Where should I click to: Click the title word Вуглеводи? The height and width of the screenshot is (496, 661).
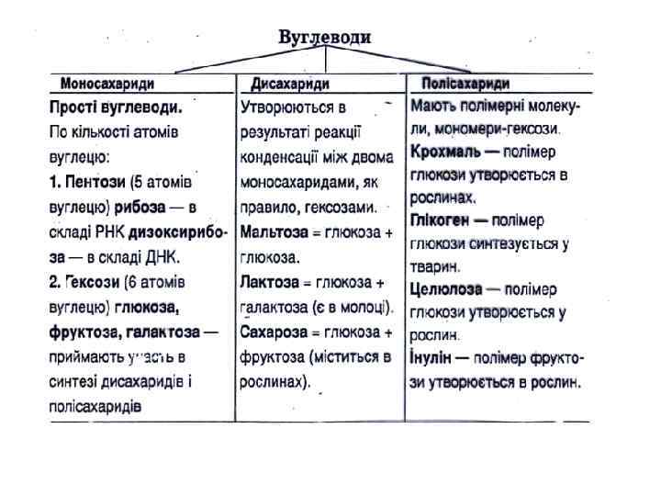point(325,38)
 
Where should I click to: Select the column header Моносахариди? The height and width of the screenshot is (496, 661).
point(106,84)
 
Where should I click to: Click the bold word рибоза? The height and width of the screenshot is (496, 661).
point(142,205)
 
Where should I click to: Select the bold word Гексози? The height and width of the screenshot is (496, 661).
point(91,280)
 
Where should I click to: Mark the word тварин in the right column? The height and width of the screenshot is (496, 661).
point(433,266)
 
